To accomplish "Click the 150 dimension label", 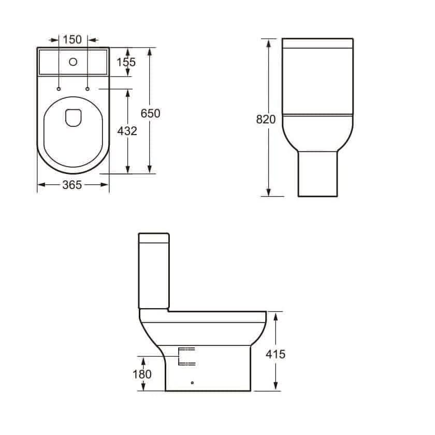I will click(x=72, y=39).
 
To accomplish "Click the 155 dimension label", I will click(x=126, y=62).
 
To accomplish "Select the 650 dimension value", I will click(x=151, y=113).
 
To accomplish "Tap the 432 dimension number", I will click(x=127, y=131).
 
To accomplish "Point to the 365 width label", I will click(x=72, y=185).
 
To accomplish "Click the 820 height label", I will click(x=266, y=120).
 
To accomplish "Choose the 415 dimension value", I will click(x=275, y=354).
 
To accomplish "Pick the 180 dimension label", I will click(x=142, y=374).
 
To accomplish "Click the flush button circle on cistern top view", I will click(x=73, y=63).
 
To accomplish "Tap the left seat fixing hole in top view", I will click(x=59, y=89).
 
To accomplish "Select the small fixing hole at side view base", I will click(x=192, y=383).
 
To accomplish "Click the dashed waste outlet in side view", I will click(x=186, y=356).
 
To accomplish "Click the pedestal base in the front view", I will click(x=317, y=173).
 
